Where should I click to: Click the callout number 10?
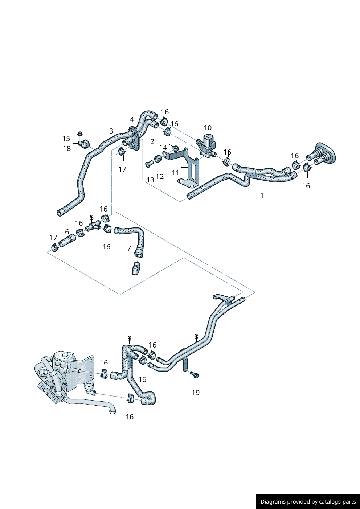pyautogui.click(x=208, y=128)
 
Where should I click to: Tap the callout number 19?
pyautogui.click(x=196, y=392)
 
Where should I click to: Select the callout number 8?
pyautogui.click(x=196, y=336)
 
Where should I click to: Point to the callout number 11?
pyautogui.click(x=176, y=173)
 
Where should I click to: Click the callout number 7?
pyautogui.click(x=129, y=248)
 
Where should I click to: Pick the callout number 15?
pyautogui.click(x=66, y=139)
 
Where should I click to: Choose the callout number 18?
pyautogui.click(x=67, y=148)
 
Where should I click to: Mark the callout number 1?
pyautogui.click(x=262, y=195)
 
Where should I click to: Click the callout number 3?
pyautogui.click(x=111, y=131)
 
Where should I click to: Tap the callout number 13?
pyautogui.click(x=150, y=180)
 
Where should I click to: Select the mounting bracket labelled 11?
pyautogui.click(x=191, y=169)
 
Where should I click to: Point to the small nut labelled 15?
pyautogui.click(x=80, y=133)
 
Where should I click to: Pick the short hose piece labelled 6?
pyautogui.click(x=67, y=241)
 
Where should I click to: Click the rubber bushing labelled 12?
pyautogui.click(x=158, y=159)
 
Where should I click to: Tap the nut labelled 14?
pyautogui.click(x=175, y=148)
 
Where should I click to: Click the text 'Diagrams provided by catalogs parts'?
pyautogui.click(x=308, y=501)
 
